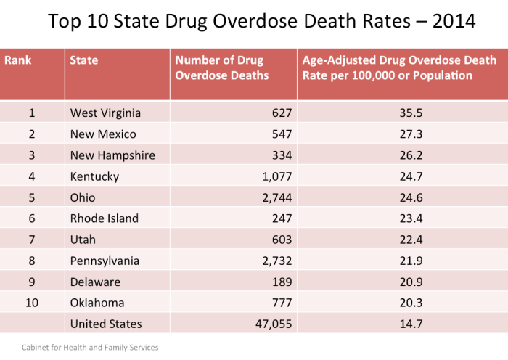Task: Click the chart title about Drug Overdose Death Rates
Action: pos(261,21)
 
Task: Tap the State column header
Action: pos(83,60)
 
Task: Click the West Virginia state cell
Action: pos(105,112)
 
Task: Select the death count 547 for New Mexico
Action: pos(280,134)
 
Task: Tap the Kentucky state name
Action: pos(94,176)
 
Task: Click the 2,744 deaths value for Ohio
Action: pos(276,197)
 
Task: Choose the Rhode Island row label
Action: pos(104,218)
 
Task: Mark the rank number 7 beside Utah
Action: pos(31,240)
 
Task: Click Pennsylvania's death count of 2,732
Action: pos(276,261)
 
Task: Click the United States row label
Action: pos(106,324)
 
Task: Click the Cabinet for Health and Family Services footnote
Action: pos(90,348)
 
